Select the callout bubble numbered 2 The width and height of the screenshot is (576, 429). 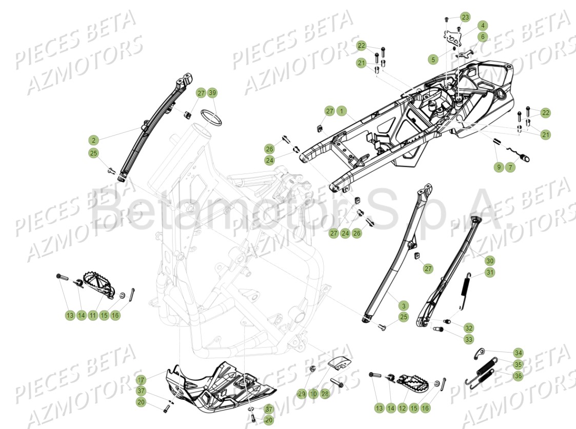[x=93, y=140]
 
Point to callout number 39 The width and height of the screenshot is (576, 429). [x=212, y=93]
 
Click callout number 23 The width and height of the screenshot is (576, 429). [x=465, y=17]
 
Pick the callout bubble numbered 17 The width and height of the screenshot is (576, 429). [x=141, y=380]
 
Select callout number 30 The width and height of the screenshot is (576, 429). [x=490, y=260]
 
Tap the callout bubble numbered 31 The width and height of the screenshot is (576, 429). [x=490, y=272]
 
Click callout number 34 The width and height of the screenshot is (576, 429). [x=518, y=353]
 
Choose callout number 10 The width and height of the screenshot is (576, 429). [x=313, y=394]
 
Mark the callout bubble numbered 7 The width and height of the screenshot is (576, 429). [x=510, y=167]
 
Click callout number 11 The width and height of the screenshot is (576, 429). [x=93, y=315]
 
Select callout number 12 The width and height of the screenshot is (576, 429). [x=403, y=408]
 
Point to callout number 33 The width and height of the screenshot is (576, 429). [x=469, y=339]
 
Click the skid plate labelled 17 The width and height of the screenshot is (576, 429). [x=215, y=387]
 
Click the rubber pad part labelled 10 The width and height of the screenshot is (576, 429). [x=339, y=362]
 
